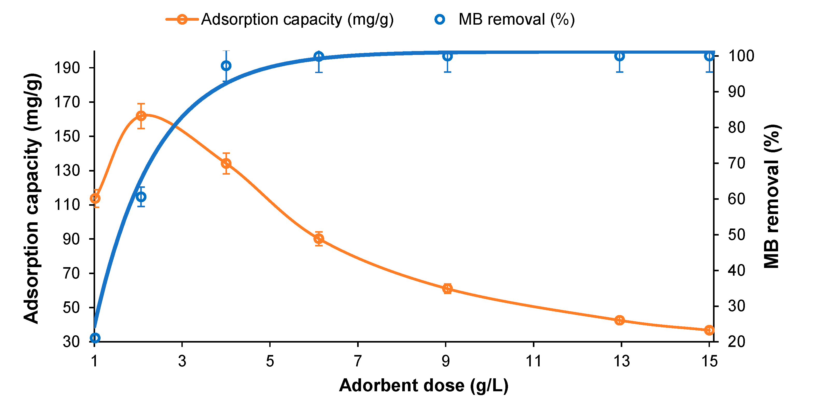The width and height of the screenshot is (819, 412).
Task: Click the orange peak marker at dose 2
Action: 141,116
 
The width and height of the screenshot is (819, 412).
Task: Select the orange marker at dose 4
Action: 226,164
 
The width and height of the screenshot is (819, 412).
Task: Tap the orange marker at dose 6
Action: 319,238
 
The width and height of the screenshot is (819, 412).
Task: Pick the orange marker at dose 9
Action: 447,289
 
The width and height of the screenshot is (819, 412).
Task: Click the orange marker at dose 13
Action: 619,320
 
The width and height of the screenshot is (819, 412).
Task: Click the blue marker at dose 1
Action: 95,338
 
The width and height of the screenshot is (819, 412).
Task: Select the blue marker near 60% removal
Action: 141,197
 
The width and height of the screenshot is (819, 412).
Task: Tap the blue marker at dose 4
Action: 226,66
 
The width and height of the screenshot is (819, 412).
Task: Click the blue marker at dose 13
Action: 619,56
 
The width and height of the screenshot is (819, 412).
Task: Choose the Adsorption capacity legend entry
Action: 280,19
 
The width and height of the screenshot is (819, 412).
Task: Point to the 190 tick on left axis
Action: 67,68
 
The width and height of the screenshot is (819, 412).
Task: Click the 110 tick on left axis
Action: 67,205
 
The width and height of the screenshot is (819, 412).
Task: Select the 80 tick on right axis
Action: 736,127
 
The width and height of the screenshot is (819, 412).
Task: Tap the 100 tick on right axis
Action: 741,56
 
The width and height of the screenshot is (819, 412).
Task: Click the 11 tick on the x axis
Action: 533,361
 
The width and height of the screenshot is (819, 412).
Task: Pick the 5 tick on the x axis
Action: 270,361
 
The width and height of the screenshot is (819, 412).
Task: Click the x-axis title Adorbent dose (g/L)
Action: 423,386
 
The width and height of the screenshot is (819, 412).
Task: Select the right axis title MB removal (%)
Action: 772,196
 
